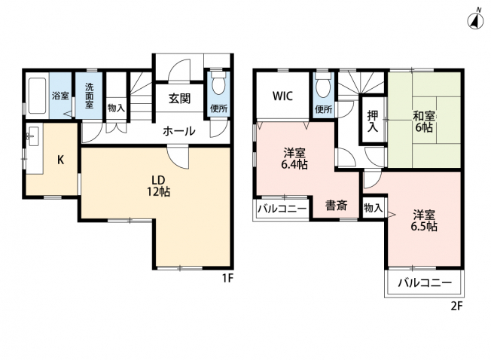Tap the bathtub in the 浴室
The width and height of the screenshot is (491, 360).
coord(37,96)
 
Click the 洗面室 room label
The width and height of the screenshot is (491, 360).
coord(89,96)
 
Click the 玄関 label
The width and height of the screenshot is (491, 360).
coord(179,99)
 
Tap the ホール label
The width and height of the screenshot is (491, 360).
coord(178,131)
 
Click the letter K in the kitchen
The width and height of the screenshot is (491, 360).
coord(61,160)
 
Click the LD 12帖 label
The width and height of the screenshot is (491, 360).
coord(158,186)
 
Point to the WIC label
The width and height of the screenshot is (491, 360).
coord(282,96)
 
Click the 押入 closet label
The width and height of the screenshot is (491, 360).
coord(372,121)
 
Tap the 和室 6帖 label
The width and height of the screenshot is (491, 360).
coord(424,122)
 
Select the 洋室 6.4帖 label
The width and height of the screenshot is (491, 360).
coord(294,159)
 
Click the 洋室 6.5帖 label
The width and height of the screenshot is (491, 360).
coord(424,221)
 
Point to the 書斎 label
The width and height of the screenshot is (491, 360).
coord(336,206)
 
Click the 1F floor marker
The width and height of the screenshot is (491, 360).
coord(228,278)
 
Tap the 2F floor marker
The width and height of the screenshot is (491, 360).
coord(456,305)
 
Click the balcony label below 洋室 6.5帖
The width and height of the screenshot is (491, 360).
coord(425,283)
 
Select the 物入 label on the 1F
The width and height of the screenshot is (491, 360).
coord(116,108)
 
